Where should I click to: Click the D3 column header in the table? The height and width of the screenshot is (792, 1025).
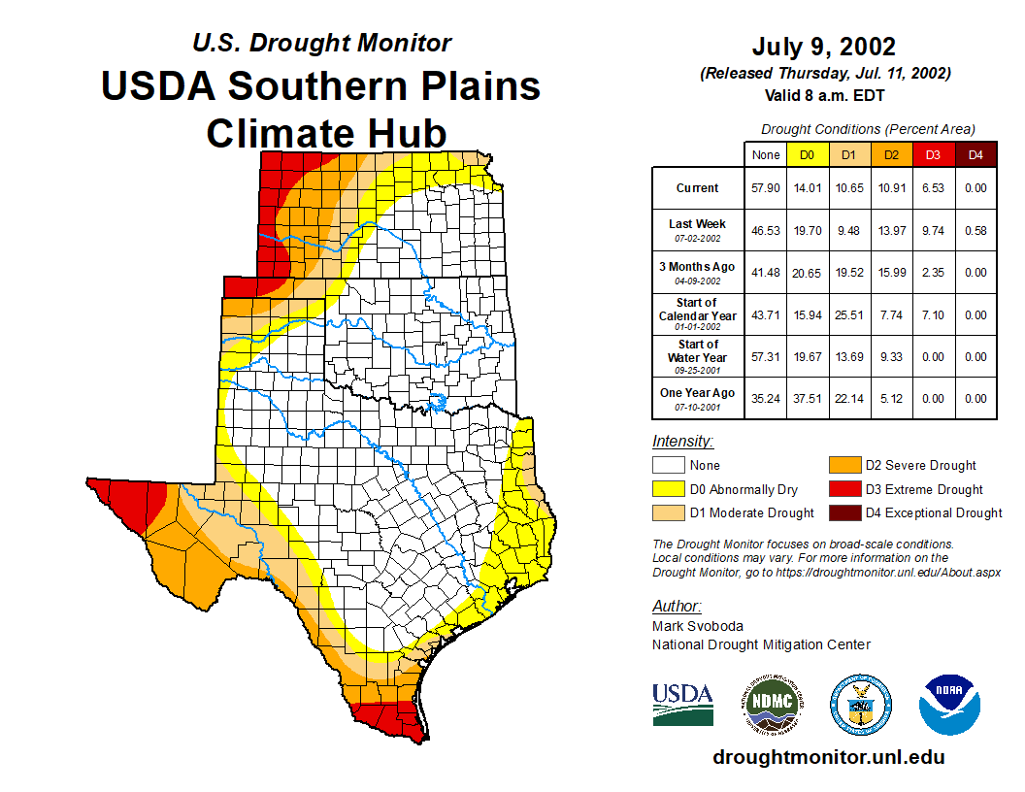tap(933, 154)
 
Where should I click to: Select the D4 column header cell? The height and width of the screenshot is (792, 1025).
tap(975, 154)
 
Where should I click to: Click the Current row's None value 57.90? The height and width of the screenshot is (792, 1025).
tap(766, 188)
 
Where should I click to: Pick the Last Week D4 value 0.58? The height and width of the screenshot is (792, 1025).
tap(975, 230)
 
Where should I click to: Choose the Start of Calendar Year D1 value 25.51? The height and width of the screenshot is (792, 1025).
tap(850, 314)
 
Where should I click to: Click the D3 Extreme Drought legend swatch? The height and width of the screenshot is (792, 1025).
tap(843, 489)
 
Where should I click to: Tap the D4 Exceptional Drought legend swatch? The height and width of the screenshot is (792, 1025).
tap(843, 512)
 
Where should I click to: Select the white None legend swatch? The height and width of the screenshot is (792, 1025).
tap(669, 466)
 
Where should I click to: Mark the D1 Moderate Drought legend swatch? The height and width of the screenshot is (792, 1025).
tap(669, 512)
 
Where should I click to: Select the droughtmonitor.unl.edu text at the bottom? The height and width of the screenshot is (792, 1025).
tap(828, 757)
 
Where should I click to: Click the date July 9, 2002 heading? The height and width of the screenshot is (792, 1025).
tap(823, 47)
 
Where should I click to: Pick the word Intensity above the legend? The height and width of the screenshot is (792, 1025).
tap(682, 442)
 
